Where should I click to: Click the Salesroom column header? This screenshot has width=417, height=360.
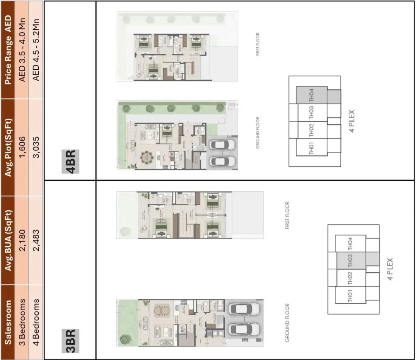click(x=9, y=322)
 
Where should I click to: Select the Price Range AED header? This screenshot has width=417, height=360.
click(x=9, y=49)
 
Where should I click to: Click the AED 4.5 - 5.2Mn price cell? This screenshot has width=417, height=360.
click(x=36, y=49)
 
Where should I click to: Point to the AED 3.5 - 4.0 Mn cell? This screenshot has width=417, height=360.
click(x=23, y=49)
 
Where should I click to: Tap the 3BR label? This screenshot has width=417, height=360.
click(x=70, y=340)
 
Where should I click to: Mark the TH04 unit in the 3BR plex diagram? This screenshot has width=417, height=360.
click(x=350, y=244)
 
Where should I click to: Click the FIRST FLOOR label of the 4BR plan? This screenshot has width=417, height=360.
click(x=258, y=44)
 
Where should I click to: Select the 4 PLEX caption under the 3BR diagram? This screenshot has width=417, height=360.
click(x=391, y=269)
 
